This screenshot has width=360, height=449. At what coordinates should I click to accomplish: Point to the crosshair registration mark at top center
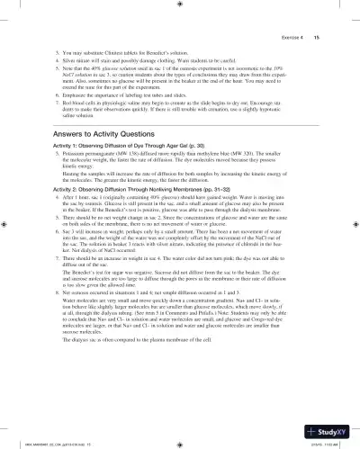coord(181,5)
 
